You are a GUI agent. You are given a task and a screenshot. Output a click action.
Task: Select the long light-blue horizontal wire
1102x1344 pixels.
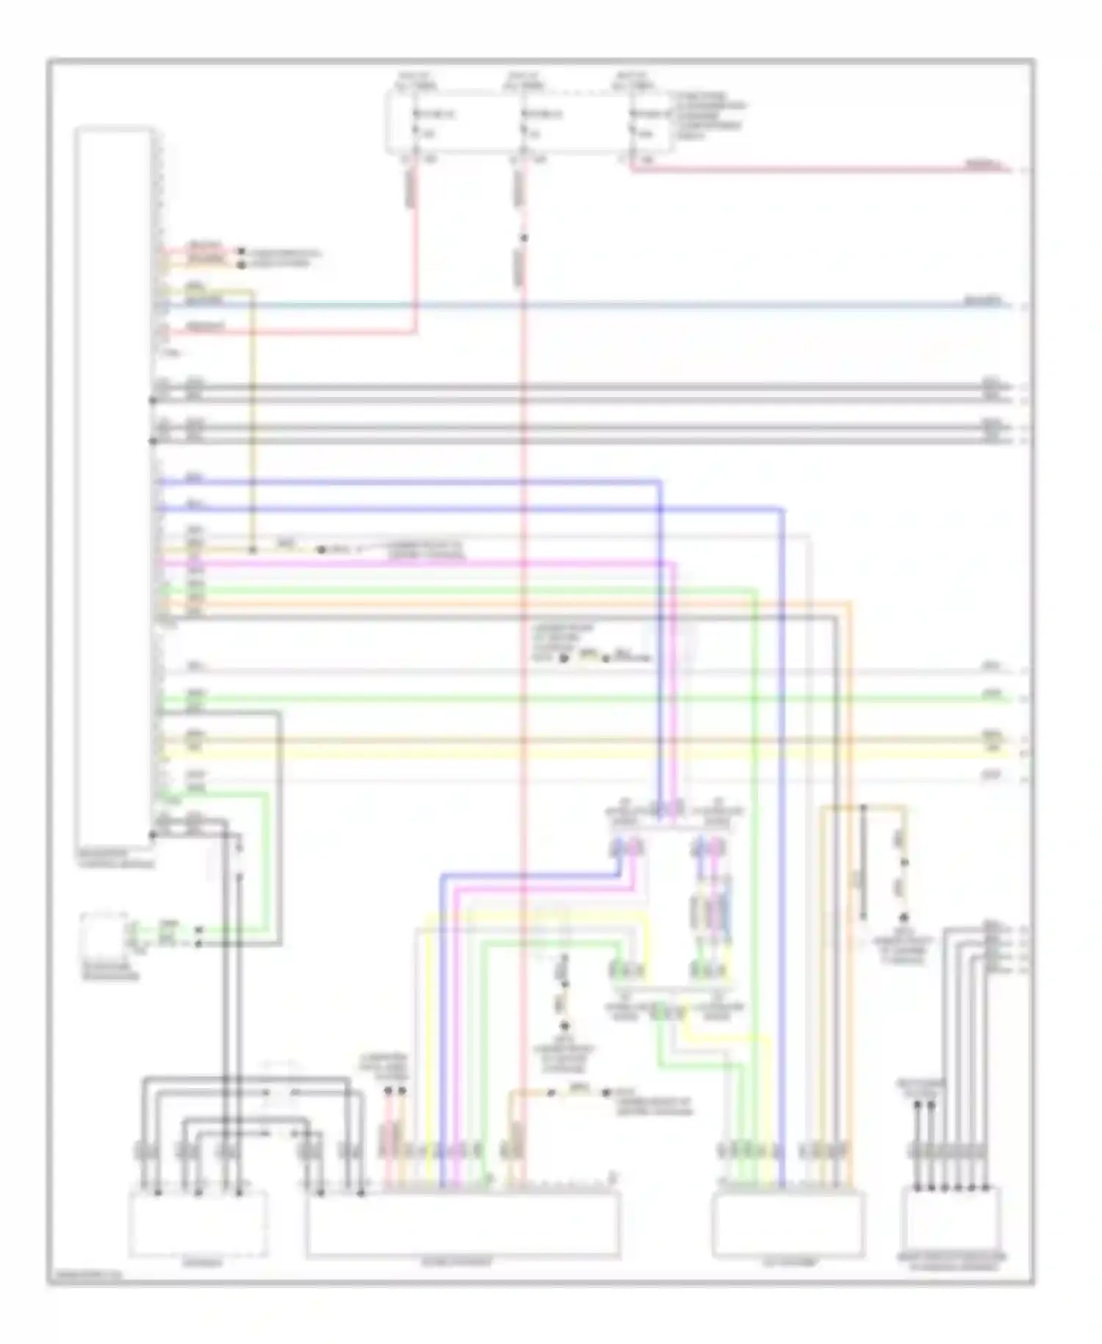[x=588, y=304]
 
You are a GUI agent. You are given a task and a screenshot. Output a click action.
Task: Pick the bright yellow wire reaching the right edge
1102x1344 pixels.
[x=588, y=754]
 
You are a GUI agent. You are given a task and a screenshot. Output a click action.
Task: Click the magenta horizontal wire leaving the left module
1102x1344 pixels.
[x=411, y=563]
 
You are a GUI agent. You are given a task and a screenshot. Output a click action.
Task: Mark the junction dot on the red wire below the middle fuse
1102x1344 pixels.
[x=524, y=237]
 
